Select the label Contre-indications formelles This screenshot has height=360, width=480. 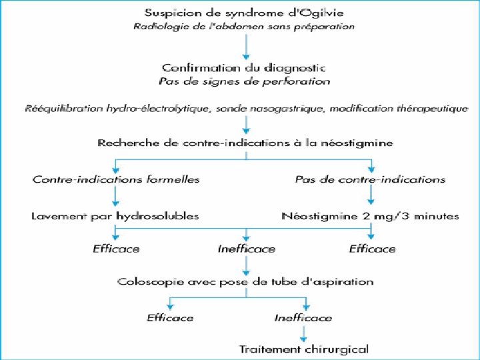coord(116,179)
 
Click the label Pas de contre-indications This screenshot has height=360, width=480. coord(370,179)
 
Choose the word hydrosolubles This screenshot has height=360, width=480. coord(155,215)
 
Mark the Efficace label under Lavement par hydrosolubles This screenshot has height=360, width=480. coord(116,249)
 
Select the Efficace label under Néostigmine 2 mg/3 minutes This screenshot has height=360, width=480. coord(372,249)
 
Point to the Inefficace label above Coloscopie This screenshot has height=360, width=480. coord(246,249)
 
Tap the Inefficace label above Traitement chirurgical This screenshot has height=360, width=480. coord(303,317)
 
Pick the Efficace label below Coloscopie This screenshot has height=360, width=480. coord(170,317)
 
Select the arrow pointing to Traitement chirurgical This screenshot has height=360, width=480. coord(303,333)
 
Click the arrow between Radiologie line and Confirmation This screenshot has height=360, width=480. coord(246,47)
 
